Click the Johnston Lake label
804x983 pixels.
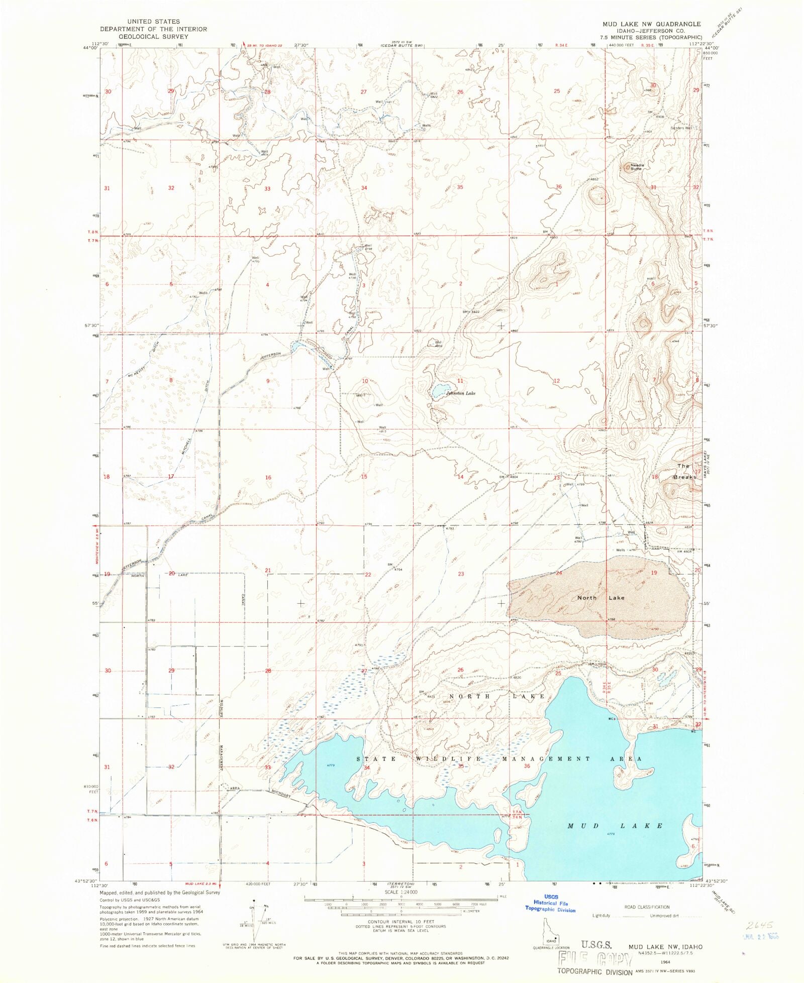pos(461,393)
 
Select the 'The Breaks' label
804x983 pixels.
pos(684,471)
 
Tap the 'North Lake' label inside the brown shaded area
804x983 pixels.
pos(600,598)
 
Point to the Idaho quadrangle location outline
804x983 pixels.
pos(551,930)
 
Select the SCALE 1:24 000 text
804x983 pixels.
pos(401,892)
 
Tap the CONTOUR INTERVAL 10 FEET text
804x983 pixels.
pos(400,922)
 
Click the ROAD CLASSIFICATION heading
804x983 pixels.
pos(647,907)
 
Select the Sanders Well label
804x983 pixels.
pos(681,128)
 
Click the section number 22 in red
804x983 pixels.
pos(368,574)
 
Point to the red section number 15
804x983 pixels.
pos(364,477)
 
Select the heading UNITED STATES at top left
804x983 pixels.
pos(153,22)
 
